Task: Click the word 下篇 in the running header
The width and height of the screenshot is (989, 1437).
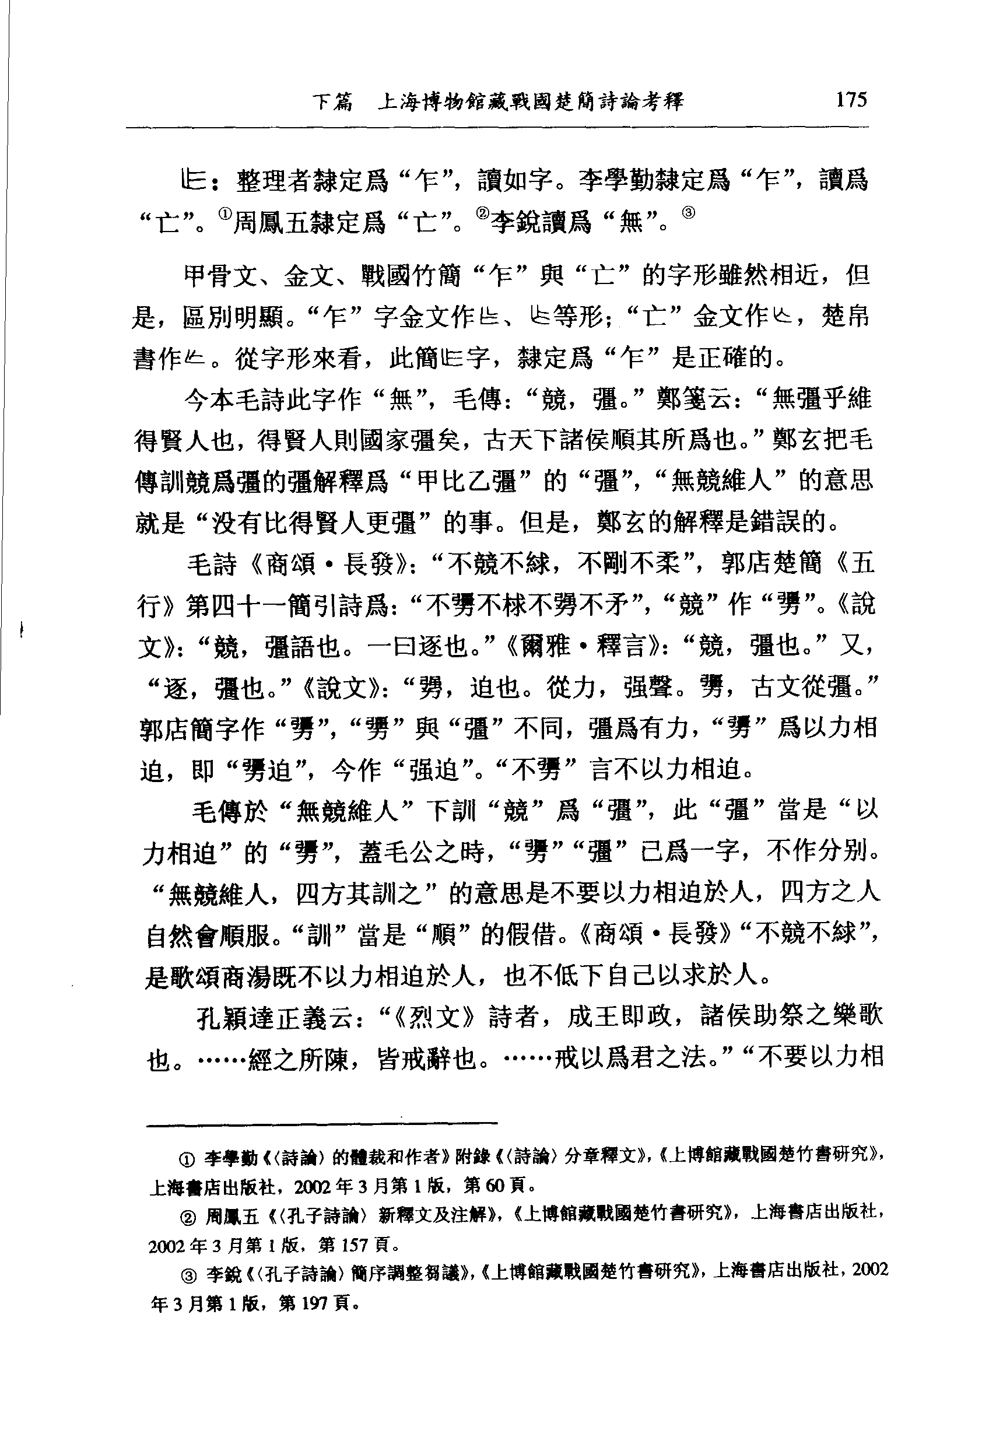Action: point(333,101)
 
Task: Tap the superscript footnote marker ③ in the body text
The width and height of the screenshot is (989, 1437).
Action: point(689,213)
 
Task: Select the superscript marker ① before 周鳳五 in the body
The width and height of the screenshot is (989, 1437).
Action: point(225,213)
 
